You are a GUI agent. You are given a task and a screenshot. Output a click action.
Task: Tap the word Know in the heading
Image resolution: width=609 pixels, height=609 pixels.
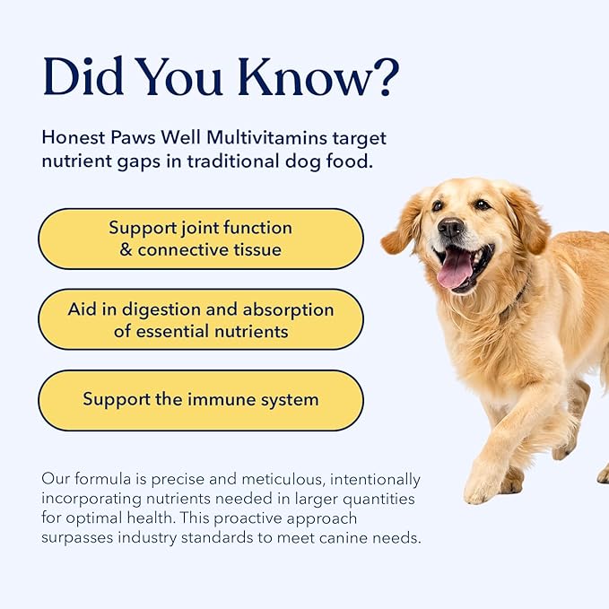pos(294,79)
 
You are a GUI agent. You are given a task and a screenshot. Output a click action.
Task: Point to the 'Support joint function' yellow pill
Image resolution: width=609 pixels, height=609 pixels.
pos(200,239)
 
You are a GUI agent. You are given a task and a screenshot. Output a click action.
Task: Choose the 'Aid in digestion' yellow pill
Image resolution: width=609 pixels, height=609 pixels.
pos(200,320)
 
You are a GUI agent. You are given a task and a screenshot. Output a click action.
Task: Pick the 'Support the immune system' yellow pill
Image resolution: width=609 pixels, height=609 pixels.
pos(200,400)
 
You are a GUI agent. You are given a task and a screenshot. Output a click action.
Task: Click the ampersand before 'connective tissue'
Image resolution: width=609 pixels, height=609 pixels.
pos(126,249)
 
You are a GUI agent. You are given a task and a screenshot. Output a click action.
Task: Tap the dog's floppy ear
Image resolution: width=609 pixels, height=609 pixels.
pos(401,235)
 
